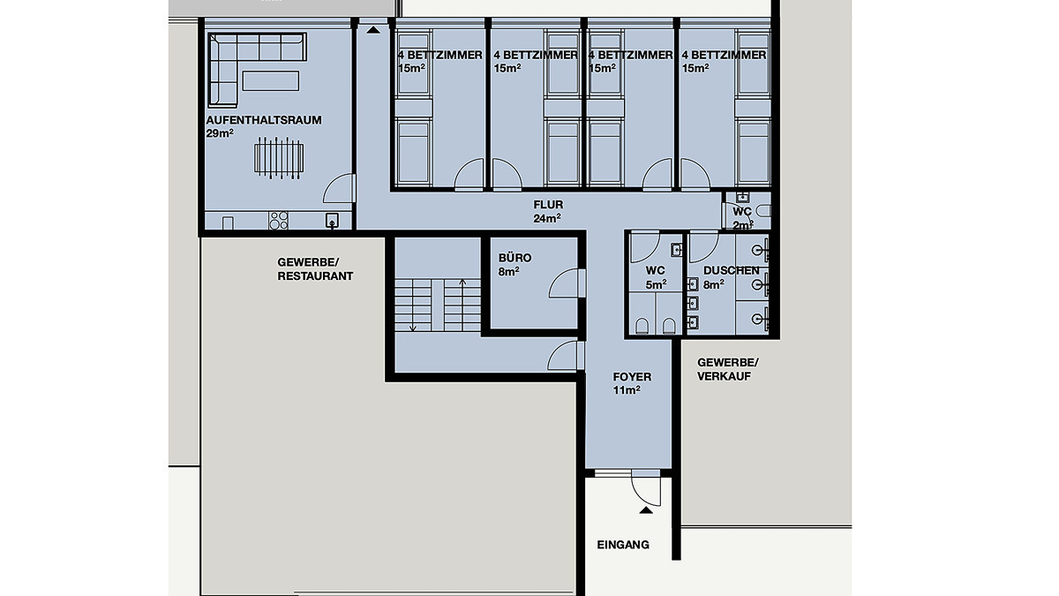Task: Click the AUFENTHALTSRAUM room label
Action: coord(264,120)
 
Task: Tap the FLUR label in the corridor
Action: coord(548,205)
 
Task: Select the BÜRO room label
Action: coord(514,258)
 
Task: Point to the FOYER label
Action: coord(632,377)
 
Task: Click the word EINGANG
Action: coord(623,545)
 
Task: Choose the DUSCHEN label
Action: coord(731,270)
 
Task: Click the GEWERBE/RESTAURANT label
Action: coord(315,269)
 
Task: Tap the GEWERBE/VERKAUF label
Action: coord(727,369)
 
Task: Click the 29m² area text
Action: coord(220,133)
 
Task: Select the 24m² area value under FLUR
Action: coord(547,219)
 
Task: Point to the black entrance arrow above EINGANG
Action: coord(646,510)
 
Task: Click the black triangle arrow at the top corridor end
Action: coord(373,30)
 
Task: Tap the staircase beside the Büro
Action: coord(438,306)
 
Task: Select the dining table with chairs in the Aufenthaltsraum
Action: coord(279,158)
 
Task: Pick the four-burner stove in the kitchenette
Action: coord(279,221)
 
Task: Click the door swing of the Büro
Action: coord(564,283)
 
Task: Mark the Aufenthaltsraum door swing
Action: coord(338,188)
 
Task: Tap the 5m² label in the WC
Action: coord(656,284)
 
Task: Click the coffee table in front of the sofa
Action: coord(270,81)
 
